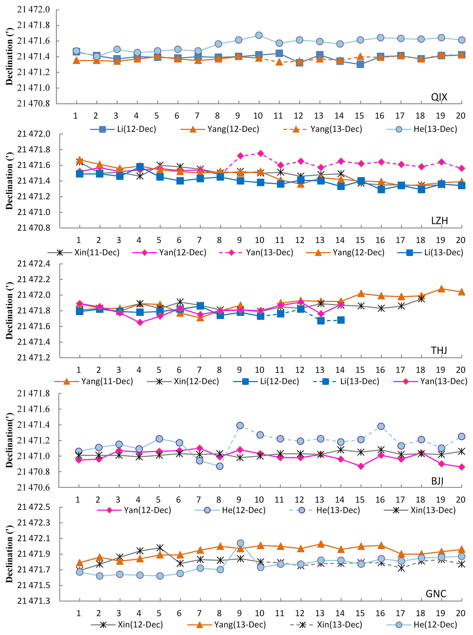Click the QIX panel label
coord(439,97)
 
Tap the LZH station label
coord(439,221)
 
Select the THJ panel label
coord(439,350)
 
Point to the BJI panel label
coord(437,481)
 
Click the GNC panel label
coord(436,594)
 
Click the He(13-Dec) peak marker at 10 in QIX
coord(259,35)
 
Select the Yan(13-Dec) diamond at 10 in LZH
coord(260,154)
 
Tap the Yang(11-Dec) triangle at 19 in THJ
coord(441,289)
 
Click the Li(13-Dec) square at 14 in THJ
coord(341,320)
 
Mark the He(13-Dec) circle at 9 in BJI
coord(240,425)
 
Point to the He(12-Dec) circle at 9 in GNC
coord(241,543)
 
